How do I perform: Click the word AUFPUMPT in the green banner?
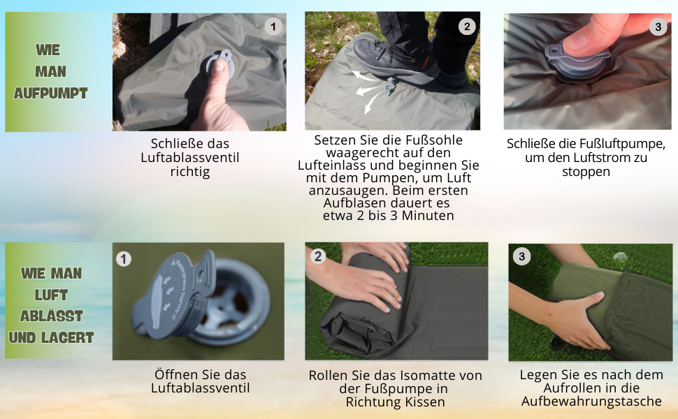(50, 93)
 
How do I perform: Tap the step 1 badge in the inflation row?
(273, 27)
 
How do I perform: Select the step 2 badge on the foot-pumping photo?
(467, 27)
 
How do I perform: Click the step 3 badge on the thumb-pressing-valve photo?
(658, 27)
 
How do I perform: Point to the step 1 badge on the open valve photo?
(124, 259)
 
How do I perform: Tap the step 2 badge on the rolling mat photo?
(318, 256)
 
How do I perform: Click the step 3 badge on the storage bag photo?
(522, 256)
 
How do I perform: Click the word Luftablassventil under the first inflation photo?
(190, 158)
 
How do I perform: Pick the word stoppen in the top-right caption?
(586, 172)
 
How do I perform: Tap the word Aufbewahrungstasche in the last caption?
(591, 402)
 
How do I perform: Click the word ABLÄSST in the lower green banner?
(51, 316)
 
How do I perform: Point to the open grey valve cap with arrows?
(173, 294)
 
